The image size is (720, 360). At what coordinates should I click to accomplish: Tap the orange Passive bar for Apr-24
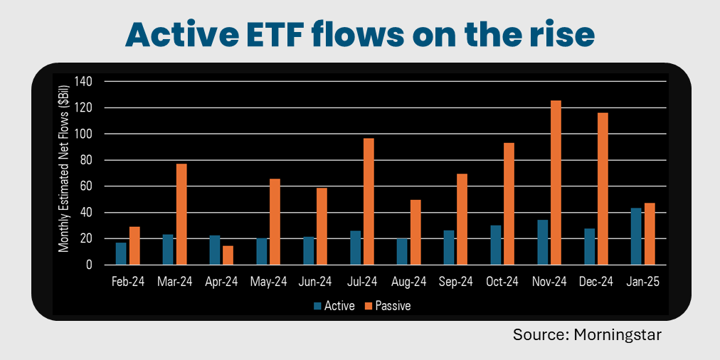[x=228, y=255]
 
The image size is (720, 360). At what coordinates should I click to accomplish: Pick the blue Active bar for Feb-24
[x=121, y=253]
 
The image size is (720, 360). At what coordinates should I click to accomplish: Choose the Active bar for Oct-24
[x=495, y=245]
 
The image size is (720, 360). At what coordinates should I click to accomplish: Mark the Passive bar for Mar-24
[x=181, y=214]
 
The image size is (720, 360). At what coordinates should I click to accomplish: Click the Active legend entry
[x=334, y=306]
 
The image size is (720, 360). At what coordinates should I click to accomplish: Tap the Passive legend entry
[x=388, y=306]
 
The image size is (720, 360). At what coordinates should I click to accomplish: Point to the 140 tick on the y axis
[x=84, y=82]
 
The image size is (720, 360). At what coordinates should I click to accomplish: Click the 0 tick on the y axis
[x=89, y=265]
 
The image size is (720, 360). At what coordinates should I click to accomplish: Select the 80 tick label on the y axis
[x=86, y=160]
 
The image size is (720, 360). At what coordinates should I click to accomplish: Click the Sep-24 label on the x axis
[x=455, y=282]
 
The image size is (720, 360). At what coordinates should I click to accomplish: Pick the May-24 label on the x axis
[x=268, y=282]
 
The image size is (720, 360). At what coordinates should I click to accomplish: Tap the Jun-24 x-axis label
[x=315, y=282]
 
